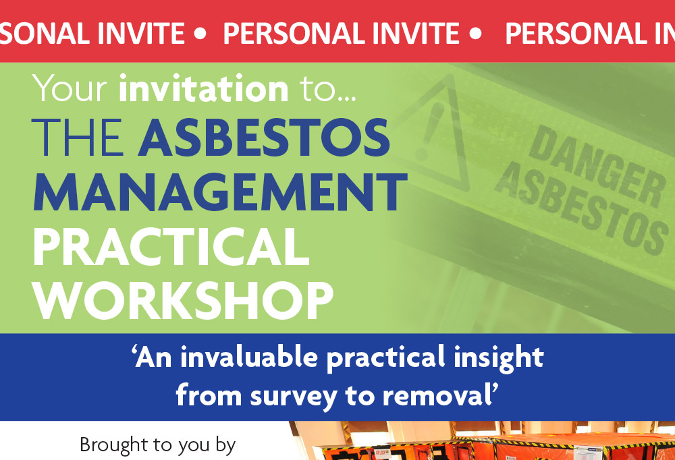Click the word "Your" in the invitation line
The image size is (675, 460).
[70, 88]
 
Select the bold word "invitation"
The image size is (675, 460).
[204, 88]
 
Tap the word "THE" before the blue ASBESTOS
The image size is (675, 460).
[78, 138]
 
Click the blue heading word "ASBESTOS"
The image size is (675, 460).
[264, 138]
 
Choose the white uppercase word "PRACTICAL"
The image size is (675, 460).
[171, 247]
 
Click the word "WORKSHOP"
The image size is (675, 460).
[184, 301]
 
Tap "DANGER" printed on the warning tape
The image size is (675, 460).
[597, 167]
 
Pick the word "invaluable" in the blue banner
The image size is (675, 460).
[249, 357]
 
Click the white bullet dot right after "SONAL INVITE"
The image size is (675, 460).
[200, 34]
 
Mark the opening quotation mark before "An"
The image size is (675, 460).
[134, 350]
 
